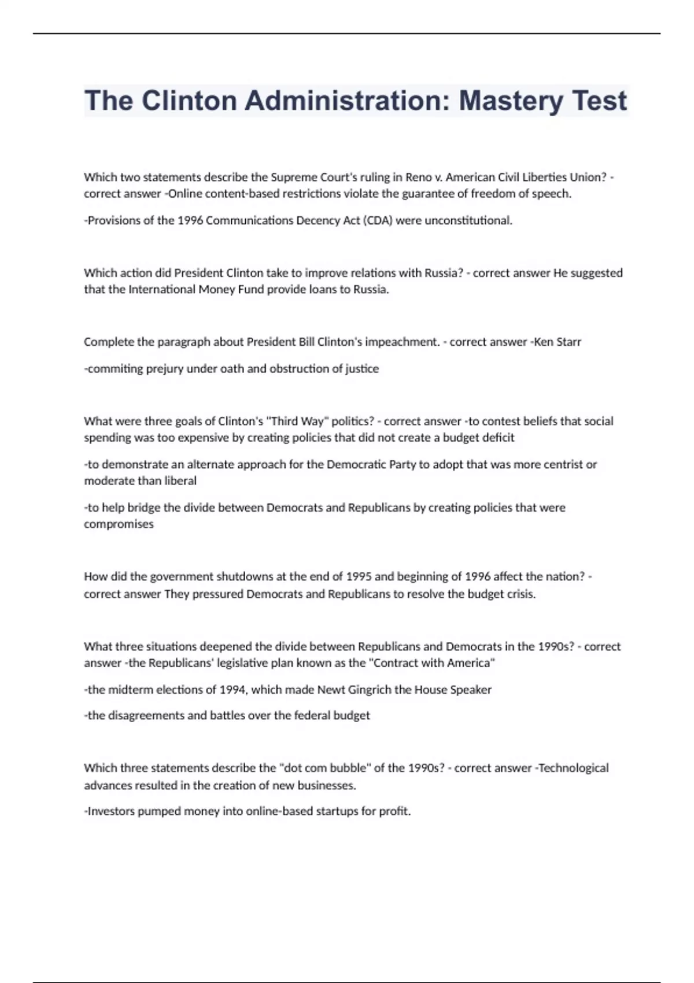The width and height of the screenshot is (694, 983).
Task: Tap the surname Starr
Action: [x=569, y=342]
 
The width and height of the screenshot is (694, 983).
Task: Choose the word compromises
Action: [x=119, y=524]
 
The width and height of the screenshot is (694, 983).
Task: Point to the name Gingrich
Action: [x=370, y=689]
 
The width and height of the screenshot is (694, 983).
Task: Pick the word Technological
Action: [x=573, y=768]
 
